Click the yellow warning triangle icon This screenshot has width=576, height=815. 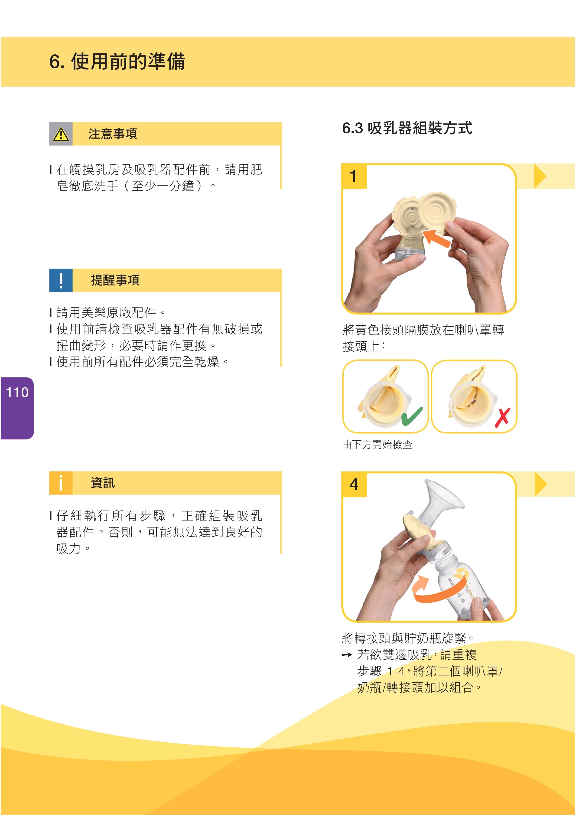coord(61,134)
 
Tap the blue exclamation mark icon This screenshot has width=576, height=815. coord(61,280)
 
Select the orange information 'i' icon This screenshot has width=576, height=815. coord(61,483)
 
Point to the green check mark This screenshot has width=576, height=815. coord(412,416)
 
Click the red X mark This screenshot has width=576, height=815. coord(503,417)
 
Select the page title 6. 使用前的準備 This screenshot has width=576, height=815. coord(117,61)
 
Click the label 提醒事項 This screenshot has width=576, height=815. coord(115,280)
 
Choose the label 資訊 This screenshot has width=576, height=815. coord(103,483)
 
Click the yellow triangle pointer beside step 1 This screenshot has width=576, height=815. coord(540,176)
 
